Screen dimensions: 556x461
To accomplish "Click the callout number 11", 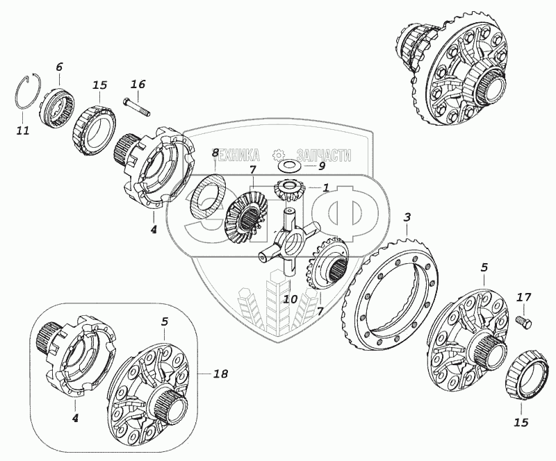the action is click(x=23, y=130).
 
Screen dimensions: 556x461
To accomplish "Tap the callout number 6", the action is click(x=59, y=67).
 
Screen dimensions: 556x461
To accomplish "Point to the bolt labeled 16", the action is click(x=137, y=107).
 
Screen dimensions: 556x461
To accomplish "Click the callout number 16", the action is click(x=138, y=85).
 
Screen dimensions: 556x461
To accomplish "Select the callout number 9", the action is click(x=321, y=166).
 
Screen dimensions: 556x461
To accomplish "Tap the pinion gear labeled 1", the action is click(x=289, y=189).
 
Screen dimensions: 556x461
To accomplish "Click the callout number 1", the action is click(x=325, y=187).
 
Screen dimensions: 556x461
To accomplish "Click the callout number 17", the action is click(x=524, y=298).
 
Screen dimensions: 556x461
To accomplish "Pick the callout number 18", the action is click(x=220, y=374).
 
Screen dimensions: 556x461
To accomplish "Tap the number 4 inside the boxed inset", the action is click(x=75, y=418).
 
